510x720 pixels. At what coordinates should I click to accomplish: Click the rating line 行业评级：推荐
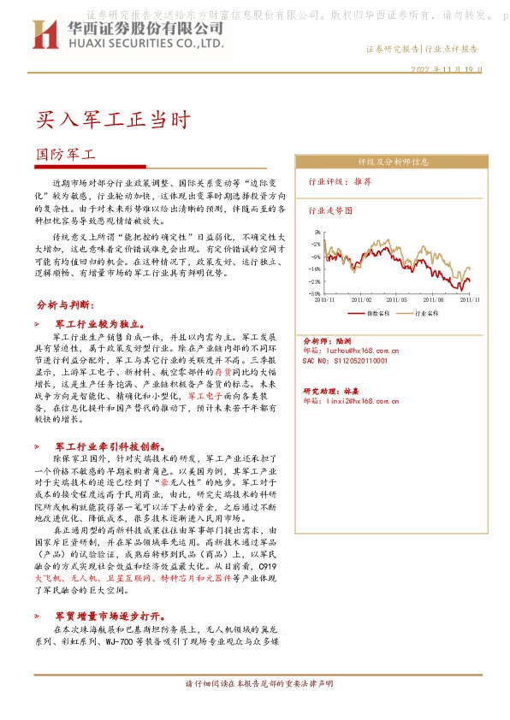coord(340,182)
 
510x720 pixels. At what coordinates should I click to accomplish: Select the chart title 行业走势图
coord(329,210)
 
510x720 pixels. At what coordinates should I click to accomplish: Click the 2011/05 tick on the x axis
coord(397,300)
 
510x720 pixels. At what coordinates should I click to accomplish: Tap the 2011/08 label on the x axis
coord(434,300)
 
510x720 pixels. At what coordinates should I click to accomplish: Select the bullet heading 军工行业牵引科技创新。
coord(104,446)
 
